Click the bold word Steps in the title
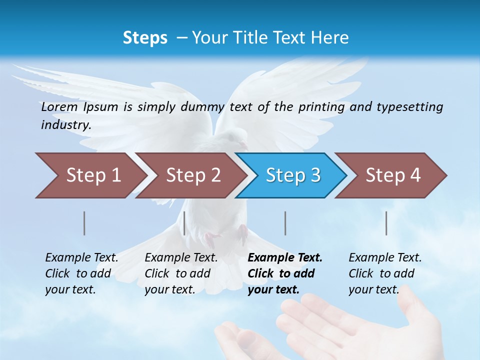pos(145,37)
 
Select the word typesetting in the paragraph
pos(409,106)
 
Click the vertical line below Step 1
pos(84,223)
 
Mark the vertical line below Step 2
pos(184,223)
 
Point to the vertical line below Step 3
pos(285,223)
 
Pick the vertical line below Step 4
pos(386,223)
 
